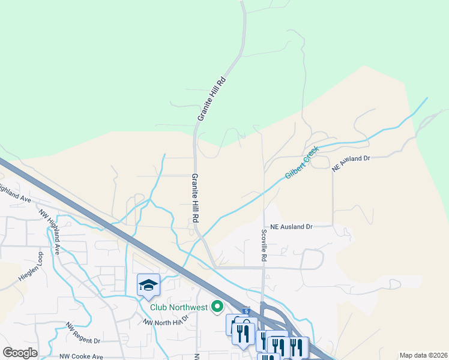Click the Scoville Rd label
(x=264, y=245)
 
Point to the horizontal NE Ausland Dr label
(x=292, y=227)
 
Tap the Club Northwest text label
(x=179, y=308)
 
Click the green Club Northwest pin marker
(x=217, y=307)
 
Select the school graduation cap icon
(x=148, y=284)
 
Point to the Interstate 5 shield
(x=246, y=311)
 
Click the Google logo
(x=20, y=353)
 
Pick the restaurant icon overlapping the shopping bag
(x=243, y=334)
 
